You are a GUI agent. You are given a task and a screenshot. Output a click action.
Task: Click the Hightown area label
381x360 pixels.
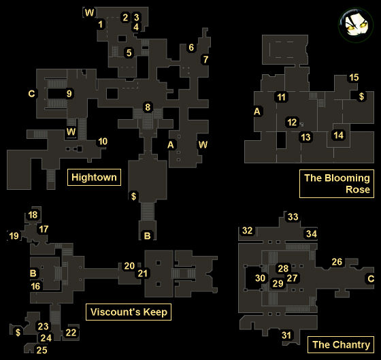pos(94,177)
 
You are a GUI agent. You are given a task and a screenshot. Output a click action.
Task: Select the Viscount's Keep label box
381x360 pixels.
pos(129,312)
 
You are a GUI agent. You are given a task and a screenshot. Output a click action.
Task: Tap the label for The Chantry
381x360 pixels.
pos(341,344)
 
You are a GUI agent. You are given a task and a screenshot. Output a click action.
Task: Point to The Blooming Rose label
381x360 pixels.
pos(337,184)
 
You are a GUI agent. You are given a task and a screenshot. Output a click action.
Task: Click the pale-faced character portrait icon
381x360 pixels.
pos(356,25)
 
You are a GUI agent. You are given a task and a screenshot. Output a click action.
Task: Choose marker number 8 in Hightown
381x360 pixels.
pos(148,108)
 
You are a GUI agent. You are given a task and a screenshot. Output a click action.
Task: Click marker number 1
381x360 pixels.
pos(101,24)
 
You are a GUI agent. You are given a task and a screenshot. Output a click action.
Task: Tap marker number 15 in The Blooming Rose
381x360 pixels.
pos(354,78)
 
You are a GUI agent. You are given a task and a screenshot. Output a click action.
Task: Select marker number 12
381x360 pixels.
pos(292,122)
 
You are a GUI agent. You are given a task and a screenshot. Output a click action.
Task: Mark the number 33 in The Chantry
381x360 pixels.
pos(293,216)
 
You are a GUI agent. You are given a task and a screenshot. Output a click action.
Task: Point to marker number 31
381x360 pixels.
pos(286,336)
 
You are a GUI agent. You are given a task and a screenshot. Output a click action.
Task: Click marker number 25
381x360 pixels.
pos(42,350)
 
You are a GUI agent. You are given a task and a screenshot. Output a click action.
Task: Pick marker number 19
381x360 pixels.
pos(14,235)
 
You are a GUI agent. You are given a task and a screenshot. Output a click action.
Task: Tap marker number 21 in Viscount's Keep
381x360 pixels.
pos(142,273)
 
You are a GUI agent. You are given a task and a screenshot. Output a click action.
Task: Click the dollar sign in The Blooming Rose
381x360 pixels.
pos(361,96)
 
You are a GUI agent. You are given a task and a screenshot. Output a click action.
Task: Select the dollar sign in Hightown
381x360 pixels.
pos(133,196)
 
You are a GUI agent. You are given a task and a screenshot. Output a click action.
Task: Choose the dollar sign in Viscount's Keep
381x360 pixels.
pos(18,332)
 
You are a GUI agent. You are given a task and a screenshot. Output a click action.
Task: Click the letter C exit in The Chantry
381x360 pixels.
pos(371,278)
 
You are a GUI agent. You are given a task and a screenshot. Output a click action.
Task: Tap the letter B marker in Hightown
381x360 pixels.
pos(147,235)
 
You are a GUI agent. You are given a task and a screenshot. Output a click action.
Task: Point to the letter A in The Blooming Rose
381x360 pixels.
pos(257,112)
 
